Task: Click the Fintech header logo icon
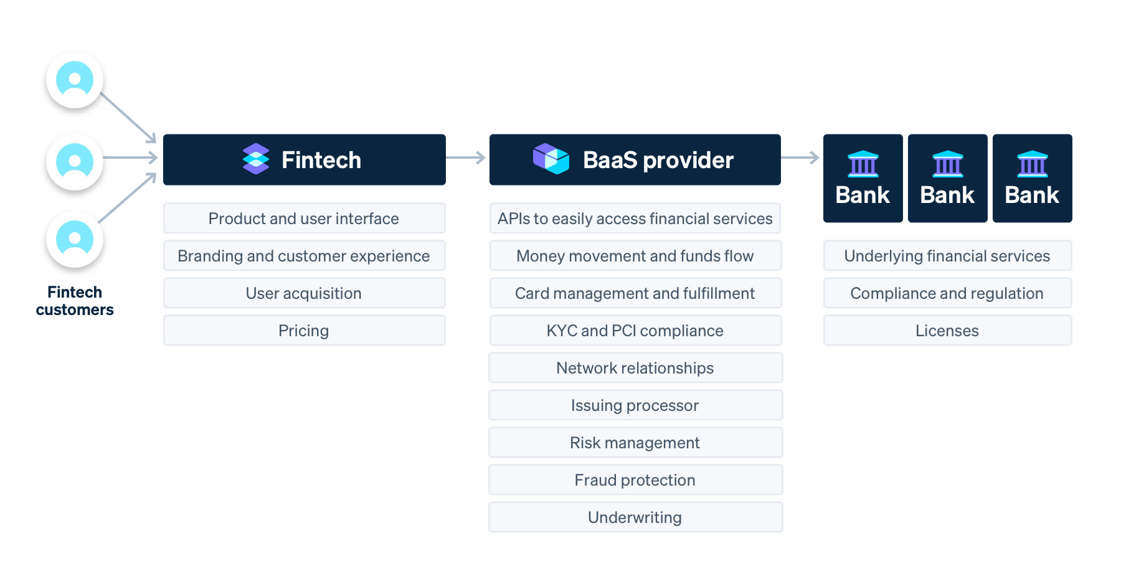pos(256,159)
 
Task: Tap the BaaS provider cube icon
pos(551,159)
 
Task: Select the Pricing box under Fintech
pos(305,331)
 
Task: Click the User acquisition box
pos(305,293)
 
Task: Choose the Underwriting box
pos(635,517)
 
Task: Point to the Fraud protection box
pos(635,480)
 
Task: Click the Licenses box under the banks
pos(947,331)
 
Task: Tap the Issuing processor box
pos(635,405)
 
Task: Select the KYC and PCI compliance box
pos(635,331)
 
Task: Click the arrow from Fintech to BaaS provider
pos(466,158)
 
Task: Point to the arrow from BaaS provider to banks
pos(800,158)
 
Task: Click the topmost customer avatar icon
pos(75,80)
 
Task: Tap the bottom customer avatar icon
pos(75,239)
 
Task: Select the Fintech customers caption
pos(75,301)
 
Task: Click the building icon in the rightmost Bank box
pos(1033,164)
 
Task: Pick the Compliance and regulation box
pos(947,293)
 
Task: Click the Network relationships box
pos(635,368)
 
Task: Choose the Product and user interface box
pos(305,219)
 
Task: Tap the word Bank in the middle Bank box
pos(947,195)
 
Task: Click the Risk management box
pos(635,443)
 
